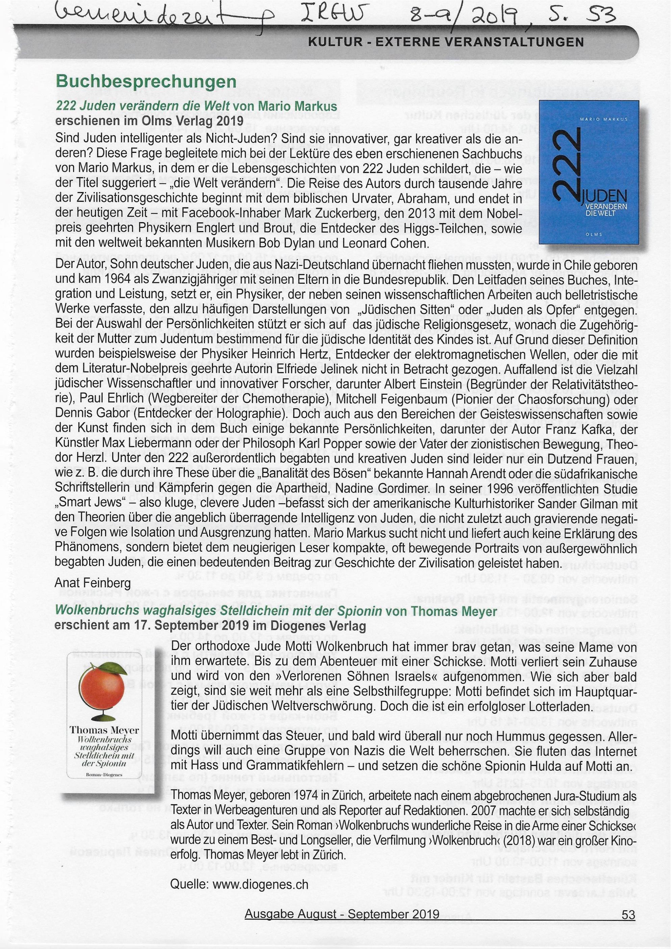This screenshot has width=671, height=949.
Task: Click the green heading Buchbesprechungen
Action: tap(146, 81)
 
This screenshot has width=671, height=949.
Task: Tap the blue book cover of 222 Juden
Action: tap(589, 178)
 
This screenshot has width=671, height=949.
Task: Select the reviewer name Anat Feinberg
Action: tap(93, 583)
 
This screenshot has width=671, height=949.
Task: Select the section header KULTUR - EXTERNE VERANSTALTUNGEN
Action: tap(446, 42)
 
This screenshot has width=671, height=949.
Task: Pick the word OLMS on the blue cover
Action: tap(589, 234)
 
